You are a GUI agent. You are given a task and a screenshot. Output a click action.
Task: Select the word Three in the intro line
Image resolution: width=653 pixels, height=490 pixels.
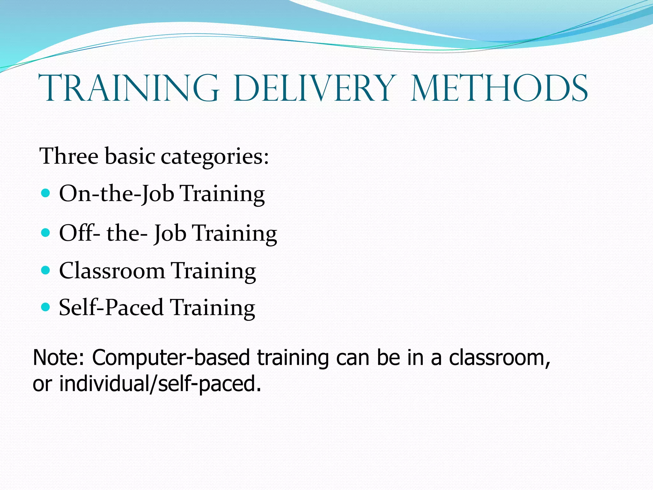pyautogui.click(x=69, y=156)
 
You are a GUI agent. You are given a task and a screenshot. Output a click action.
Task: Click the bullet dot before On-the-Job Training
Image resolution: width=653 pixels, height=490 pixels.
pyautogui.click(x=46, y=193)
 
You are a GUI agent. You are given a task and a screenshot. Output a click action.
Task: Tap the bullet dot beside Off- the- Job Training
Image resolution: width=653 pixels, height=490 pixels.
pyautogui.click(x=46, y=232)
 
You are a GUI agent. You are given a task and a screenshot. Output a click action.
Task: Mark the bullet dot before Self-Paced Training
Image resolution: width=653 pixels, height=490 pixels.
pyautogui.click(x=46, y=307)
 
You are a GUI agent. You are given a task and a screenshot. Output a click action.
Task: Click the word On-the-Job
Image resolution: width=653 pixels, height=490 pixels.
pyautogui.click(x=117, y=194)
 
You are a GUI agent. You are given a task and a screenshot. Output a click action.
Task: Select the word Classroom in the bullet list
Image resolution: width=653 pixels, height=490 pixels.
pyautogui.click(x=112, y=271)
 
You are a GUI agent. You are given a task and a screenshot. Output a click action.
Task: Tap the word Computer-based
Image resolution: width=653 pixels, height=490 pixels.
pyautogui.click(x=171, y=358)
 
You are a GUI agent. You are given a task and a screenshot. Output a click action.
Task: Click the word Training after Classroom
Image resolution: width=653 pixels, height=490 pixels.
pyautogui.click(x=213, y=271)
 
